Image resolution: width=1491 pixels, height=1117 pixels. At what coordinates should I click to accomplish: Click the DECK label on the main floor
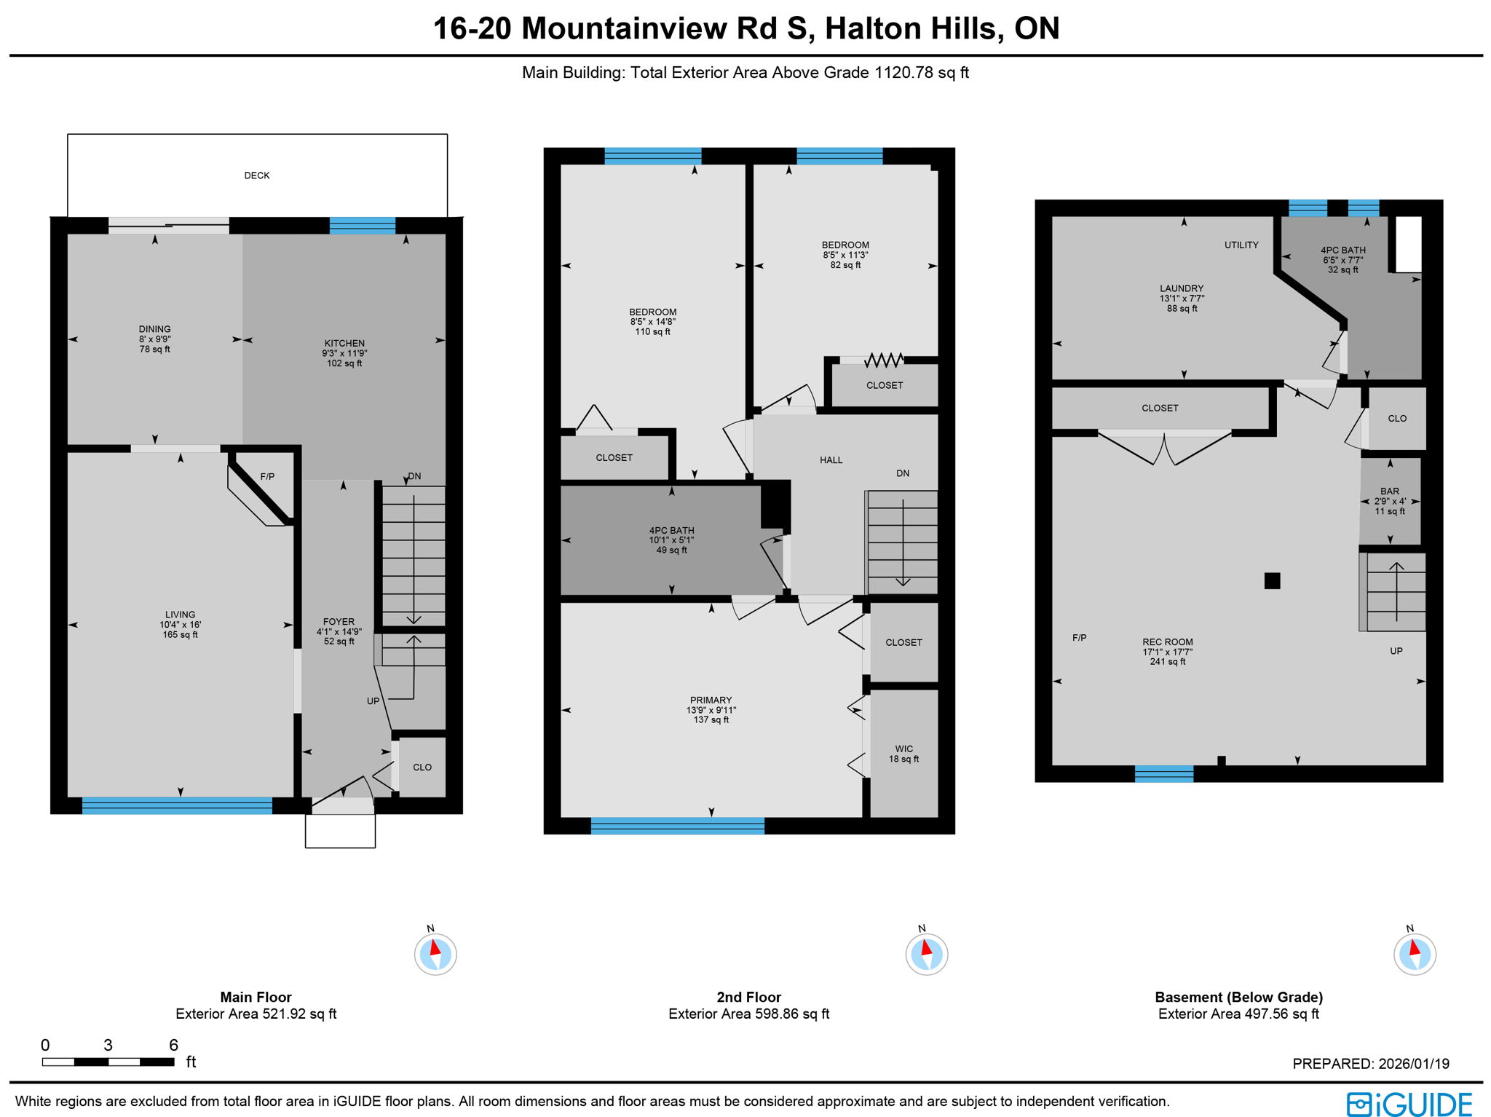click(x=256, y=175)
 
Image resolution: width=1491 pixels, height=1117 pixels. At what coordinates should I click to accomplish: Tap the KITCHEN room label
click(x=344, y=344)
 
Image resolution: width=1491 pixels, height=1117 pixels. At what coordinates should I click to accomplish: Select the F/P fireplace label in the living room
click(x=267, y=477)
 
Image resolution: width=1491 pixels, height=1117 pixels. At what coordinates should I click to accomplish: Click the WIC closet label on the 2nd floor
click(x=903, y=749)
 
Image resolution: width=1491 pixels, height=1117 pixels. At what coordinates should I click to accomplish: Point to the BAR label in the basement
click(x=1389, y=492)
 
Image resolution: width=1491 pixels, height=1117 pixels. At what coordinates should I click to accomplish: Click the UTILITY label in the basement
click(x=1241, y=245)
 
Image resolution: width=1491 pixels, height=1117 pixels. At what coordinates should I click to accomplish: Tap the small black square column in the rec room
click(x=1272, y=580)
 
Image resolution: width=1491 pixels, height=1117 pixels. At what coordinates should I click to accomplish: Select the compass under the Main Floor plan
click(x=435, y=954)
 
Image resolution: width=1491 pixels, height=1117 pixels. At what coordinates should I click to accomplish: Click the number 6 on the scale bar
click(x=173, y=1046)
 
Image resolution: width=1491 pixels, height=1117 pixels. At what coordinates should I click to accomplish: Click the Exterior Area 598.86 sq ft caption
click(x=748, y=1014)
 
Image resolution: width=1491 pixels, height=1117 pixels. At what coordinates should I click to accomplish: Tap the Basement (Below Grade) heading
click(x=1238, y=998)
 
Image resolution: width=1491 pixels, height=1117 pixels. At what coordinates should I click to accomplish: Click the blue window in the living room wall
click(x=177, y=805)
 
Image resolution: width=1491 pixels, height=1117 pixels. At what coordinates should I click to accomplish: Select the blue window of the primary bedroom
click(x=677, y=826)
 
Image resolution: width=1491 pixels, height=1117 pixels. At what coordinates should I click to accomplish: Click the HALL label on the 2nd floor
click(x=831, y=460)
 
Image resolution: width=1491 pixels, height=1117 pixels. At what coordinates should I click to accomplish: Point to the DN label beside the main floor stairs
click(x=414, y=476)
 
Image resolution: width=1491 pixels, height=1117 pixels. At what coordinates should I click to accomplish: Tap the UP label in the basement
click(x=1396, y=651)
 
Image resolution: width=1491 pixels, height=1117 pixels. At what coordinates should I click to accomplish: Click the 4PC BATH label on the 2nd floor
click(x=671, y=531)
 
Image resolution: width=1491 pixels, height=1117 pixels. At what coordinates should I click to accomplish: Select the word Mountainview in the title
click(x=625, y=29)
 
